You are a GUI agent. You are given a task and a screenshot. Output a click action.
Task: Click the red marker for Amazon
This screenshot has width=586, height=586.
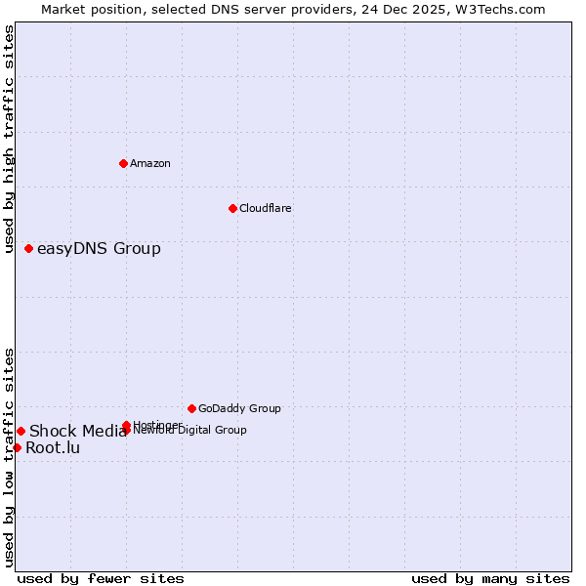tap(123, 163)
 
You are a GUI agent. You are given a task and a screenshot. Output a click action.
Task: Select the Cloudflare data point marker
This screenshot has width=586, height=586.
tap(232, 208)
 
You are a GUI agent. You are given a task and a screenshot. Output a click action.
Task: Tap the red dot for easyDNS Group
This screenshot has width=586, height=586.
tap(28, 248)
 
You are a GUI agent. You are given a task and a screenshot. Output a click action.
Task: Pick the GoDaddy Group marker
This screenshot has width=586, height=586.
tap(191, 408)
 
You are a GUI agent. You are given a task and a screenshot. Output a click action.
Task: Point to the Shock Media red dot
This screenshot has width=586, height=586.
tap(21, 431)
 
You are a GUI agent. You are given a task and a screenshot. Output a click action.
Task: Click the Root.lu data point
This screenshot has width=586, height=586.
tap(17, 447)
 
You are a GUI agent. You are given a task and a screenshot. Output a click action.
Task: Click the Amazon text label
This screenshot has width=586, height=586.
tap(149, 163)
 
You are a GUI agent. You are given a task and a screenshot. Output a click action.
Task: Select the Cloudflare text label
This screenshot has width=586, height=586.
tap(265, 208)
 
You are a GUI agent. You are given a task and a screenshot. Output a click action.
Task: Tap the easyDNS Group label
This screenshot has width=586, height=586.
tap(99, 248)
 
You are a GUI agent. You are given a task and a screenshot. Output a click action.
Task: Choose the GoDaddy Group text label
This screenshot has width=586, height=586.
tap(239, 408)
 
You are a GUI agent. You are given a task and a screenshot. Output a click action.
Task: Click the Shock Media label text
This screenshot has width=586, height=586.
tap(77, 432)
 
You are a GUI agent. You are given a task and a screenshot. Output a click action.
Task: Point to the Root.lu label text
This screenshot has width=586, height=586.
tap(53, 448)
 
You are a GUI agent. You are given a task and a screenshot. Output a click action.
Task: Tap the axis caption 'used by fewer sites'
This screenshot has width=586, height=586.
tap(101, 578)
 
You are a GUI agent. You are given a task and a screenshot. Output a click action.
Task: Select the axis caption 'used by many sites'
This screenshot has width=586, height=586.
tap(490, 578)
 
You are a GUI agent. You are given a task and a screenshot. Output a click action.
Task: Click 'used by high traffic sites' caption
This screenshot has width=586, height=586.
tap(9, 139)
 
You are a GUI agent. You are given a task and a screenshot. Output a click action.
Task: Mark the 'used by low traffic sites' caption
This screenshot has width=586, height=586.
tap(9, 456)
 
